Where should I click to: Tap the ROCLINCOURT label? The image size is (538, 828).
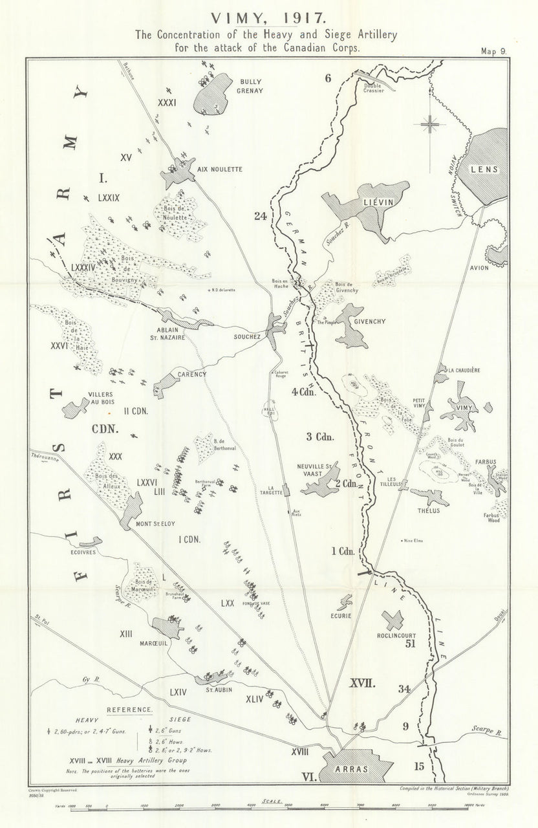400,635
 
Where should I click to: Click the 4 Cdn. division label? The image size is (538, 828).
303,391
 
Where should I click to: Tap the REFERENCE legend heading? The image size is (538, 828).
130,710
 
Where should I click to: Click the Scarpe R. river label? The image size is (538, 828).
490,730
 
